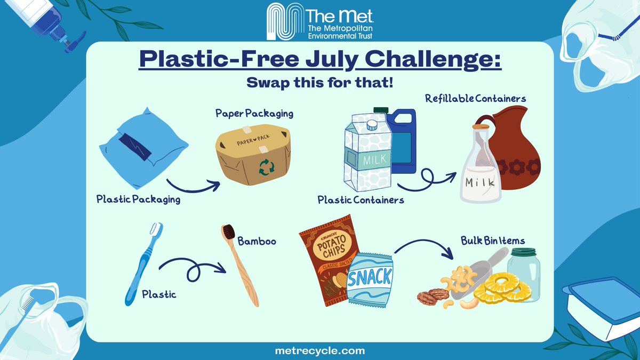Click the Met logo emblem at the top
pos(286,21)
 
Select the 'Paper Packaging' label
pos(254,114)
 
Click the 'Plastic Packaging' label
pos(138,199)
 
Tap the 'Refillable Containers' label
pos(476,99)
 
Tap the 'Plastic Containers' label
pos(361,201)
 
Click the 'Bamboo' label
pos(257,242)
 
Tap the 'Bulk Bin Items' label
pos(492,241)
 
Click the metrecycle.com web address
pos(319,351)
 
